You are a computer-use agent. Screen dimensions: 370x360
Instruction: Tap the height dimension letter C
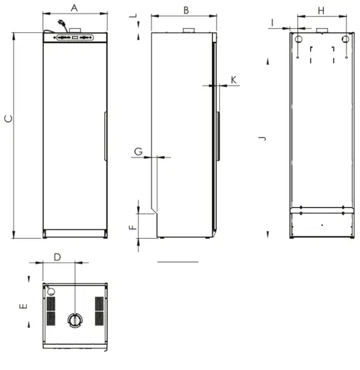point(7,119)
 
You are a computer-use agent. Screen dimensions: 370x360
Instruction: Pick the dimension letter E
point(23,307)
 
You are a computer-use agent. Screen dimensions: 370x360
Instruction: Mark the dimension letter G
point(138,151)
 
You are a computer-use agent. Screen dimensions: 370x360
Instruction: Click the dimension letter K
point(233,79)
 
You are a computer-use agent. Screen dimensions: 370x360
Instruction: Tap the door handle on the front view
point(105,137)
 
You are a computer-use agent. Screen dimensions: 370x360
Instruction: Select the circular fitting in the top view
point(74,318)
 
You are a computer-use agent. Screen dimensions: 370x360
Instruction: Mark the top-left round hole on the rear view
point(297,39)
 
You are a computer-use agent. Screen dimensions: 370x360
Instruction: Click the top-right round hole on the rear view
point(345,39)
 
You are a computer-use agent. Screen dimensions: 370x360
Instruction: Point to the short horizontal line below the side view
point(178,260)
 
